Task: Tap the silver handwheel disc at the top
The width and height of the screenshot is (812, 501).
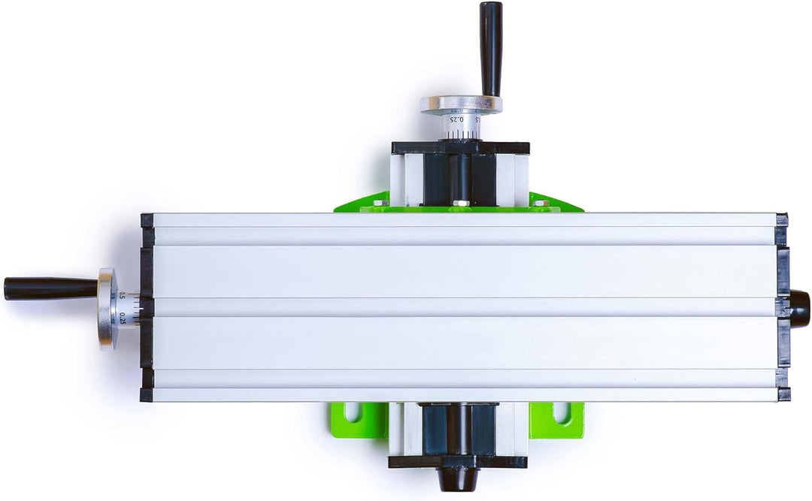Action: click(x=460, y=104)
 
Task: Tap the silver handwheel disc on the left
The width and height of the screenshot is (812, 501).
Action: click(x=107, y=309)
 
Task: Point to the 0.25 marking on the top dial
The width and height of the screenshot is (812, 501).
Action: click(x=455, y=119)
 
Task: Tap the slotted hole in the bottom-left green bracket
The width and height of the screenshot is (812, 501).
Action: click(x=351, y=412)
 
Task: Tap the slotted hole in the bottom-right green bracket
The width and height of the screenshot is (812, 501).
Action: click(x=561, y=412)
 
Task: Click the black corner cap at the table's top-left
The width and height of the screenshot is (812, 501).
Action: click(x=147, y=221)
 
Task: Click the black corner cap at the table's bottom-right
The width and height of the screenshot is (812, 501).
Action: click(x=783, y=394)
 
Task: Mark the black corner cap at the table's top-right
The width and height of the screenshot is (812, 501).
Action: click(x=782, y=221)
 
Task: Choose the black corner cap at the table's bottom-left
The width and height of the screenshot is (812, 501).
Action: click(x=146, y=394)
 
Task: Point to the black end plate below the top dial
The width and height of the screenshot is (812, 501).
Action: click(x=459, y=148)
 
